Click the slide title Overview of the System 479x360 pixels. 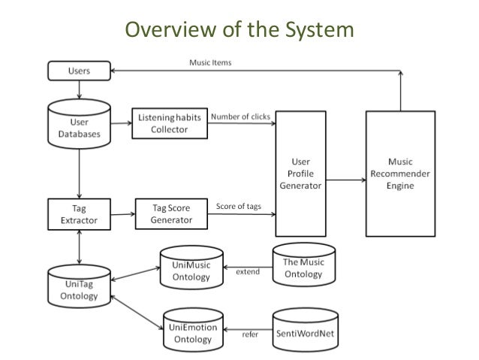point(239,30)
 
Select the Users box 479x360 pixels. point(79,71)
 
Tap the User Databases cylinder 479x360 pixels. point(79,124)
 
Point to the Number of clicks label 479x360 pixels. point(241,116)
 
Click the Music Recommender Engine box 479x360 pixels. point(400,173)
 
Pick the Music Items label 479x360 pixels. point(210,62)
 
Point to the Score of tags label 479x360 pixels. point(238,206)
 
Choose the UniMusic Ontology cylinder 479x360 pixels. point(191,270)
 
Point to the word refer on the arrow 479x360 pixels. point(249,334)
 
